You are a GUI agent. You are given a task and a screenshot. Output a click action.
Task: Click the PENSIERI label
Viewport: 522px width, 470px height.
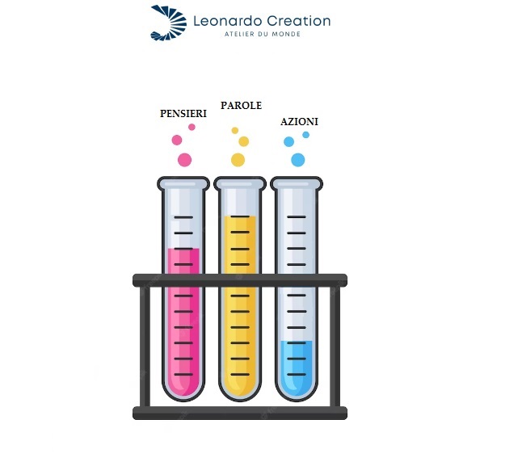[183, 114]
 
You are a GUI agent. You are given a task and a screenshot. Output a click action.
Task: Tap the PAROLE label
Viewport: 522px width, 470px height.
[241, 106]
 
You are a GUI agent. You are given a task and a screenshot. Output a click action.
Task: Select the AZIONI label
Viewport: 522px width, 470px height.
[299, 122]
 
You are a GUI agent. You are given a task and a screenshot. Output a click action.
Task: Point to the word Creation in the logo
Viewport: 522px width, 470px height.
[298, 21]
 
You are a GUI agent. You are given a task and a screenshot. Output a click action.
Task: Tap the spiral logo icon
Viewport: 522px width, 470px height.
[168, 22]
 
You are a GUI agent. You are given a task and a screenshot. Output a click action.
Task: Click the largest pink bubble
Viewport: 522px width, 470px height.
[184, 160]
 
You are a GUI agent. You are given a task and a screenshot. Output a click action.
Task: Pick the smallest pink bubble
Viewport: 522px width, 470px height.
[192, 127]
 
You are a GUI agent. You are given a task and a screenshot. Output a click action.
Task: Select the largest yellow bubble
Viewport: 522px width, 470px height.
[238, 160]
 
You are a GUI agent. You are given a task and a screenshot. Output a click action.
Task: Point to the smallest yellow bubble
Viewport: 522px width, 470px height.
[235, 130]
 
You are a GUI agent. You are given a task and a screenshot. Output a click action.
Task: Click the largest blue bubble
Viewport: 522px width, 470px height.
[298, 160]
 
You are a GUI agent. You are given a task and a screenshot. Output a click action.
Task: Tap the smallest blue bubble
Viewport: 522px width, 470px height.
[305, 135]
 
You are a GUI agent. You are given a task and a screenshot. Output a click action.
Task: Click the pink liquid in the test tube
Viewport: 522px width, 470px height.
[183, 323]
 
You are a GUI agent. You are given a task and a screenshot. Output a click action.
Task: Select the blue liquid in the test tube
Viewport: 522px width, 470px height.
[296, 367]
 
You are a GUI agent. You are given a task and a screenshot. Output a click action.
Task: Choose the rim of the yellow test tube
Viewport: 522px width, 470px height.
[240, 183]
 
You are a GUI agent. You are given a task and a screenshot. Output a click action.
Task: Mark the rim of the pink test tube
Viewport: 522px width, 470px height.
[183, 183]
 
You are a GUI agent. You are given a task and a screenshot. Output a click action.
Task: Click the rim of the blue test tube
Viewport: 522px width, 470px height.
[296, 183]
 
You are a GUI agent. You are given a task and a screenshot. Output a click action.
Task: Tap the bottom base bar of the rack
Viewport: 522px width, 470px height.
[240, 413]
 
